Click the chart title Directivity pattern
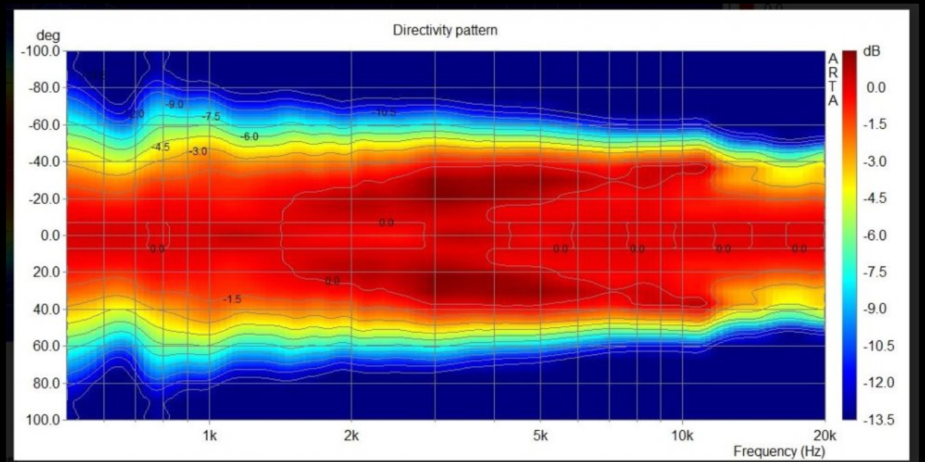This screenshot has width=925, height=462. pyautogui.click(x=445, y=30)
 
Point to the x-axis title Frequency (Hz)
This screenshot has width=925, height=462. pyautogui.click(x=779, y=451)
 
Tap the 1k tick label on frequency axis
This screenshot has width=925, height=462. pyautogui.click(x=210, y=436)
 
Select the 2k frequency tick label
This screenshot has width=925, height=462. pyautogui.click(x=351, y=436)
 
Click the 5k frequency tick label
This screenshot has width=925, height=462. pyautogui.click(x=540, y=436)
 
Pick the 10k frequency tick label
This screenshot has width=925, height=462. pyautogui.click(x=682, y=436)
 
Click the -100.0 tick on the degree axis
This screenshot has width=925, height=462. pyautogui.click(x=41, y=51)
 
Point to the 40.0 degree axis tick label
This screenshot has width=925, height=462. pyautogui.click(x=45, y=309)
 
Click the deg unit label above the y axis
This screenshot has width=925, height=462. pyautogui.click(x=48, y=36)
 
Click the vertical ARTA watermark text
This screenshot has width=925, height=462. pyautogui.click(x=833, y=79)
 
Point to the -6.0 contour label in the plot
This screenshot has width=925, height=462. pyautogui.click(x=249, y=137)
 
